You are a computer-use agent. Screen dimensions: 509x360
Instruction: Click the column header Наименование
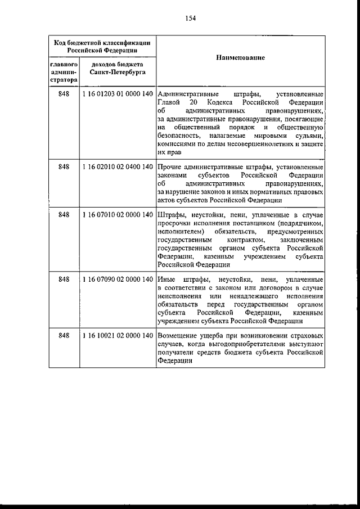240,58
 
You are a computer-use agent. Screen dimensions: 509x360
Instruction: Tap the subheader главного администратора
64,73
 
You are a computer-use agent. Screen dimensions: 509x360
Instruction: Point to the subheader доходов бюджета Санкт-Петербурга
118,69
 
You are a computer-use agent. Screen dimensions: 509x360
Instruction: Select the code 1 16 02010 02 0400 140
118,167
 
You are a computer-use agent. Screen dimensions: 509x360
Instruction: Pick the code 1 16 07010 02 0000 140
118,215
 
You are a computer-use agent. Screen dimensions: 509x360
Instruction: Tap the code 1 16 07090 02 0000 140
118,280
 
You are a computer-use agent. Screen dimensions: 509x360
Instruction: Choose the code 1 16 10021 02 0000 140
118,336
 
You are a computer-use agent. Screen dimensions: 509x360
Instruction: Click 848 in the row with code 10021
64,336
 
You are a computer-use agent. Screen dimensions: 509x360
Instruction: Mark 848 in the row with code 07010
64,215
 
